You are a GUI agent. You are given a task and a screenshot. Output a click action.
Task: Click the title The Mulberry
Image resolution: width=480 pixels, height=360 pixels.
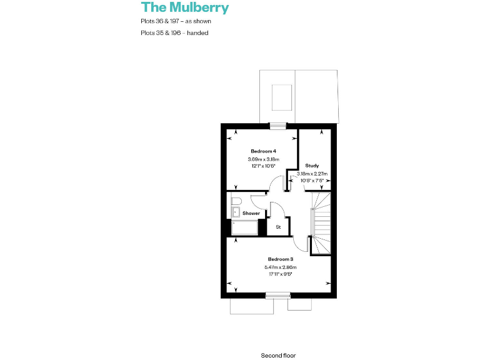185,8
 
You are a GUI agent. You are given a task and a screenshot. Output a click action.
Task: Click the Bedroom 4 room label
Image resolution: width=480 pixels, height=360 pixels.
263,151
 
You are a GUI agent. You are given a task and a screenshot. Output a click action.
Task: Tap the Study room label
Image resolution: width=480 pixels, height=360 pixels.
312,166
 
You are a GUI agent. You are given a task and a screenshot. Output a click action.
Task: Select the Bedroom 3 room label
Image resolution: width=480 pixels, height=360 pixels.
281,259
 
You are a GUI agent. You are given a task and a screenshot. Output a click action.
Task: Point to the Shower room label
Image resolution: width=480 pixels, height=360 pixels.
251,213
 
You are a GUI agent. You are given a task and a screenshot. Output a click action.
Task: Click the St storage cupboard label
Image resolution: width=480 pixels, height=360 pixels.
278,227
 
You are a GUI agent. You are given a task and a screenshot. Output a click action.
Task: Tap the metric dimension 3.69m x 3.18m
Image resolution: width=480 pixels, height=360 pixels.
263,159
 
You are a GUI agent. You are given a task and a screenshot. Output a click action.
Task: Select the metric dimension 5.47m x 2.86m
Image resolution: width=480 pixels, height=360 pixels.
281,267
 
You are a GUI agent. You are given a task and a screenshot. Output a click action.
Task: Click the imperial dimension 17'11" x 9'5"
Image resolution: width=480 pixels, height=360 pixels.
281,274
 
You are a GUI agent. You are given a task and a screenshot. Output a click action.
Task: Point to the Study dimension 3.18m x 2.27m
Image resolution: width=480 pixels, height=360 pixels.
312,174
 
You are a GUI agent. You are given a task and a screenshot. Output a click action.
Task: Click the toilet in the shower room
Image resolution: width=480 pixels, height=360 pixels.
236,201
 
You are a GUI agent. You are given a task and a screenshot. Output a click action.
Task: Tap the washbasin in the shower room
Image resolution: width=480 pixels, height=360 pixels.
235,212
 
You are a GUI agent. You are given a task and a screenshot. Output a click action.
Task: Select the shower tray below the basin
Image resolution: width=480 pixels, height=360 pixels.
244,227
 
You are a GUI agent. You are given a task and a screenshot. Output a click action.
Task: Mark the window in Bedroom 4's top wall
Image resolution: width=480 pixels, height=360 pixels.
278,126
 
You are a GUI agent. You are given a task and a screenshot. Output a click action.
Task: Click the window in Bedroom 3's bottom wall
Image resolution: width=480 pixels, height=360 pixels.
277,295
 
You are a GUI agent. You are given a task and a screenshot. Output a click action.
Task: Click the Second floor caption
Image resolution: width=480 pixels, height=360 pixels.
278,355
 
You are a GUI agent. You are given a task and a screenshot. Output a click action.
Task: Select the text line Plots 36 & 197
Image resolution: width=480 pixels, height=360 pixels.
176,22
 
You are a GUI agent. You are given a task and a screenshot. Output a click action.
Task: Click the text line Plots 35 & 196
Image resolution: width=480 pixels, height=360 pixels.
174,32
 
